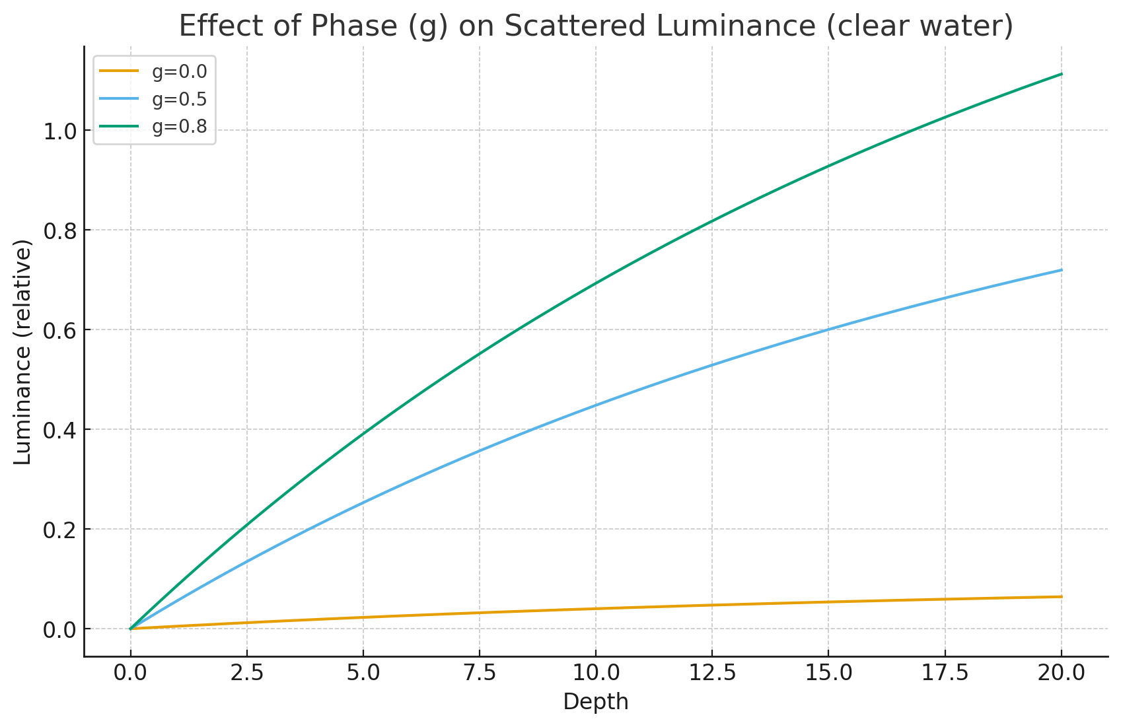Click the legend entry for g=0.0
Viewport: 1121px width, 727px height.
[179, 71]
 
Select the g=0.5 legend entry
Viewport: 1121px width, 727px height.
[179, 99]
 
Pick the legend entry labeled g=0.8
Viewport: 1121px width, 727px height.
[179, 127]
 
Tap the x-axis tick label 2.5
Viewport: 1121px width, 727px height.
[246, 674]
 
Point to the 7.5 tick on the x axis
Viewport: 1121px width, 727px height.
[479, 674]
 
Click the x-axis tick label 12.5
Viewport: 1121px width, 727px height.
[712, 674]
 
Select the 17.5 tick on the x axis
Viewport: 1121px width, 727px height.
[945, 674]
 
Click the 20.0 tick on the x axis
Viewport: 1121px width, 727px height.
[1061, 674]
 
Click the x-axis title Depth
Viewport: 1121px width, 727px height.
[596, 702]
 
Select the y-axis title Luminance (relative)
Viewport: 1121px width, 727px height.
[23, 353]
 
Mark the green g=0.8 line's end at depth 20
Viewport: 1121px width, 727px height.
[1061, 74]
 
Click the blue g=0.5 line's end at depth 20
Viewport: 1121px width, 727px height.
[1061, 270]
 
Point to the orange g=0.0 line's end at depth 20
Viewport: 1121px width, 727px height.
[1061, 597]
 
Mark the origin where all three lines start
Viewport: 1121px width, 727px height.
[131, 629]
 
